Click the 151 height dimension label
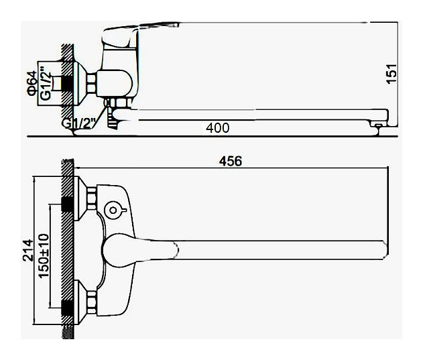click(391, 74)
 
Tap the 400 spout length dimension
click(217, 128)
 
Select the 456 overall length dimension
click(231, 162)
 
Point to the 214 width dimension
click(28, 250)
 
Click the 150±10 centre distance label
click(44, 256)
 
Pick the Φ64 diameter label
click(32, 83)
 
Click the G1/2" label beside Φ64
click(46, 86)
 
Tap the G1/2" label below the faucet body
click(78, 123)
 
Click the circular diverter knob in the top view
click(114, 211)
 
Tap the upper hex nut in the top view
click(91, 198)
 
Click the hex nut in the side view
click(92, 83)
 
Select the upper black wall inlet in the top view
click(68, 204)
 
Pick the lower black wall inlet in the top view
click(68, 308)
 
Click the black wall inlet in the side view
click(68, 83)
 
